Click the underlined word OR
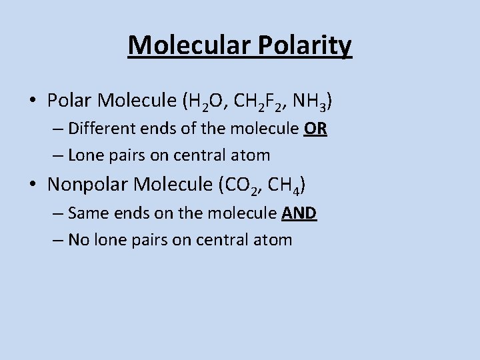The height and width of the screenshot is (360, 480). pos(315,128)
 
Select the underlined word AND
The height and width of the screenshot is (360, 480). pos(299,213)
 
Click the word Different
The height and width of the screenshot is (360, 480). pos(98,128)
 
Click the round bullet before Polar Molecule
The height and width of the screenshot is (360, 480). pos(33,101)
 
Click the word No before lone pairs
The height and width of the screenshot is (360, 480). pos(78,239)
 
